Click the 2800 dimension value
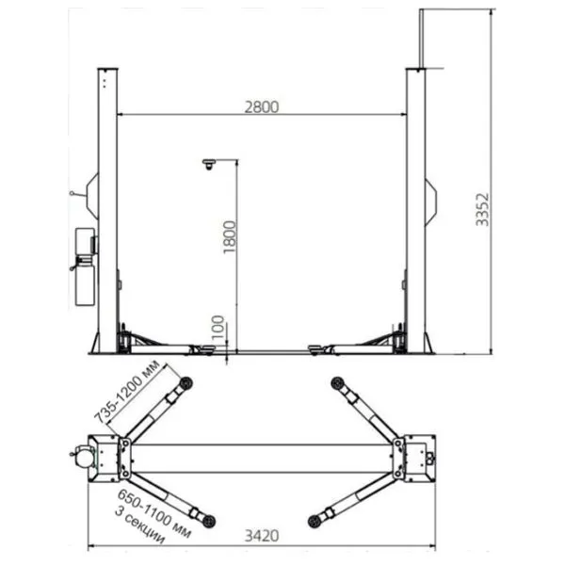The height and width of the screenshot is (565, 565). click(262, 107)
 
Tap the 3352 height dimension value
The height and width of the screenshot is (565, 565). click(482, 210)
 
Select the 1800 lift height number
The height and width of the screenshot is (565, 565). click(229, 237)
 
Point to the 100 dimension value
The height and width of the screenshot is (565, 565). click(218, 328)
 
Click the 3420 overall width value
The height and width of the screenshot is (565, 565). click(262, 536)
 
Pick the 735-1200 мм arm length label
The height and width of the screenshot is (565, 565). click(127, 392)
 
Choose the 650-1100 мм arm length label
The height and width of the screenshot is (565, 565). click(154, 513)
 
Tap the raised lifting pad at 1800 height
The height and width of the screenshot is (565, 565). click(209, 164)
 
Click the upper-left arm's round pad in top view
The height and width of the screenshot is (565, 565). click(186, 383)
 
